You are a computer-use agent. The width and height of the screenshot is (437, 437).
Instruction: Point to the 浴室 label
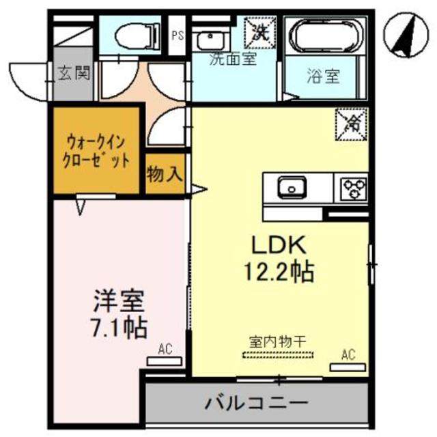point(322,76)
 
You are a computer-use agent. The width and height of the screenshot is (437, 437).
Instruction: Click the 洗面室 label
point(232,59)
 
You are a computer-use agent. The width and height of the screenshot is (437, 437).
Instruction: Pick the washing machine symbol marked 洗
point(260,31)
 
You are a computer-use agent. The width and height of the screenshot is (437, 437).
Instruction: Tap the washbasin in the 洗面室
point(208,38)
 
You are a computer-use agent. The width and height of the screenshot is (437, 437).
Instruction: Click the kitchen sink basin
point(292,186)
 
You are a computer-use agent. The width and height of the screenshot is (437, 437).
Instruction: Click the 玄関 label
point(73,72)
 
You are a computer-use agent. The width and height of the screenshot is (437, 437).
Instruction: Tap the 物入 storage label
point(165,175)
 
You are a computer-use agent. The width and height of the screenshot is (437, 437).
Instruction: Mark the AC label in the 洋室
point(165,349)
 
